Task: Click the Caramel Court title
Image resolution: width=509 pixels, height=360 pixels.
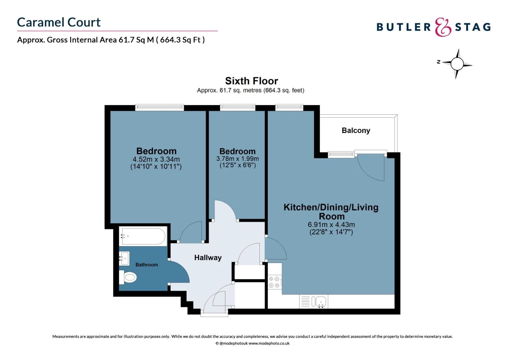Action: click(59, 22)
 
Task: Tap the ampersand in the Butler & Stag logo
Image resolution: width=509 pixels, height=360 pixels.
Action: click(443, 27)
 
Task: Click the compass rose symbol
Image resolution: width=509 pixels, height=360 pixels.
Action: click(457, 63)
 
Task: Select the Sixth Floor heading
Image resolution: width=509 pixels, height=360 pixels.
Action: click(252, 81)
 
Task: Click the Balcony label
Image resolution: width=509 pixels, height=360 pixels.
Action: click(356, 130)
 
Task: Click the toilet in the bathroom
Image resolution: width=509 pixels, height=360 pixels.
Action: click(129, 277)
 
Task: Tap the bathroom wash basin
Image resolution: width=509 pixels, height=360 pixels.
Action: click(125, 258)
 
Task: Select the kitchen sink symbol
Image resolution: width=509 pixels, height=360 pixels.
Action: click(319, 302)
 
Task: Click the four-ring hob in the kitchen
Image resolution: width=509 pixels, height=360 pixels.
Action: click(274, 282)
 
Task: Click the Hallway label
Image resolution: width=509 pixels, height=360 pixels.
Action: click(208, 258)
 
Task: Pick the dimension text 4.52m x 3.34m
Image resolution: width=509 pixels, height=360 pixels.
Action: click(156, 159)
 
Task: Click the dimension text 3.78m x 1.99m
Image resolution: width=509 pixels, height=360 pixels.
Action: click(238, 159)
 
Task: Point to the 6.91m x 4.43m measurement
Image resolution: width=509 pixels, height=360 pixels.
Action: click(331, 225)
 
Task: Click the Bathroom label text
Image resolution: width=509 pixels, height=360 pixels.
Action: click(147, 265)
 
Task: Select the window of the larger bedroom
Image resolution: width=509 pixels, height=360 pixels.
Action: click(160, 107)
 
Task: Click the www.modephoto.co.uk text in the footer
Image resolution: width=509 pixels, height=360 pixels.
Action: click(269, 343)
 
